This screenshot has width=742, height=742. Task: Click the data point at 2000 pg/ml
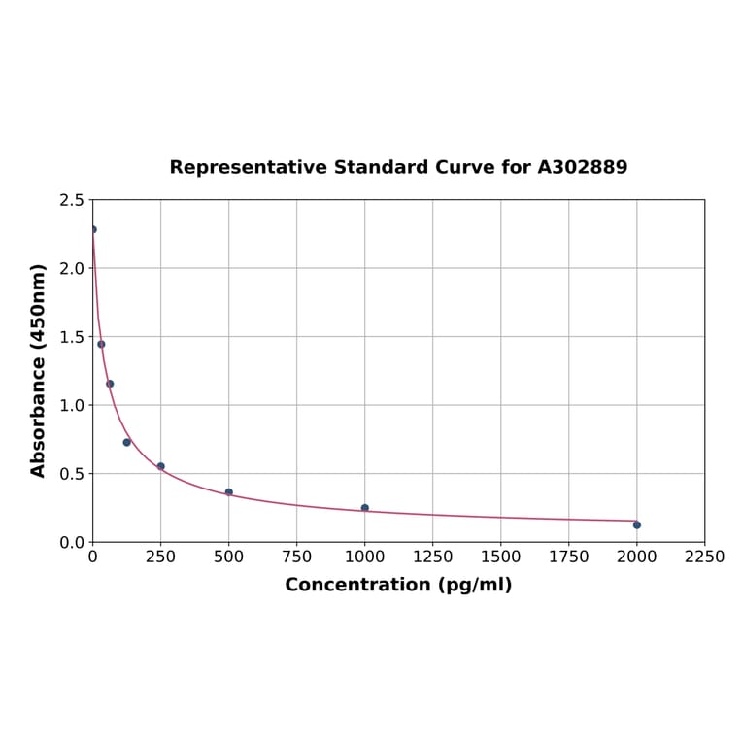pyautogui.click(x=637, y=524)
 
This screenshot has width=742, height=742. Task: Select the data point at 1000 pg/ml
pyautogui.click(x=365, y=508)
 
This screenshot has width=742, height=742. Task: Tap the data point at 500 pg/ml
pyautogui.click(x=229, y=492)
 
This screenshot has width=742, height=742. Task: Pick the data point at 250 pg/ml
pyautogui.click(x=161, y=466)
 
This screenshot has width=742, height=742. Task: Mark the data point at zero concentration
pyautogui.click(x=93, y=229)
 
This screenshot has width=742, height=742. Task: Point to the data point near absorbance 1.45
pyautogui.click(x=101, y=344)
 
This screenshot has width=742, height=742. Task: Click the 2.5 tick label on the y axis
pyautogui.click(x=71, y=200)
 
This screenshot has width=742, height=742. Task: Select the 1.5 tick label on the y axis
pyautogui.click(x=71, y=337)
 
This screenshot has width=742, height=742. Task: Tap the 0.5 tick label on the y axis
pyautogui.click(x=71, y=474)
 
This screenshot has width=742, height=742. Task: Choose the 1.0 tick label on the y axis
pyautogui.click(x=71, y=405)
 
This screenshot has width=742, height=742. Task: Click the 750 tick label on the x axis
pyautogui.click(x=297, y=556)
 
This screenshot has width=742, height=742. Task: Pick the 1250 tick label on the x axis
pyautogui.click(x=433, y=556)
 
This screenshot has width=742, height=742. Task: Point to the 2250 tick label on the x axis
pyautogui.click(x=705, y=556)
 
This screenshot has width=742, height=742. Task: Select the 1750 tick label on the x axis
pyautogui.click(x=569, y=556)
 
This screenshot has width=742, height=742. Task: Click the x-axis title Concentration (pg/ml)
pyautogui.click(x=398, y=585)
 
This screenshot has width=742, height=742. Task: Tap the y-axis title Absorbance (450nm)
pyautogui.click(x=39, y=370)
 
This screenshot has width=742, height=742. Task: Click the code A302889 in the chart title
pyautogui.click(x=583, y=167)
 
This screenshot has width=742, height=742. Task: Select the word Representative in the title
pyautogui.click(x=248, y=167)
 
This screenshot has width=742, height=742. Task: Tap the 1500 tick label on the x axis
pyautogui.click(x=501, y=556)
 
